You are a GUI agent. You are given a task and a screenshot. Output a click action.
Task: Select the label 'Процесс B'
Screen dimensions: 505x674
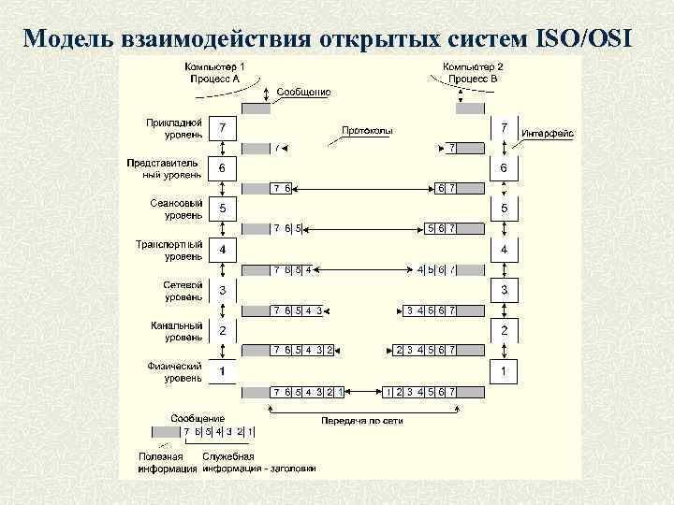475,79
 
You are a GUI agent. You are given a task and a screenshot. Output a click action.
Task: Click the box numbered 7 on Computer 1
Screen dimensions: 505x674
223,126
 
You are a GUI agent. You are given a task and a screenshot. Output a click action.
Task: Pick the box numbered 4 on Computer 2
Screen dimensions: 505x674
505,250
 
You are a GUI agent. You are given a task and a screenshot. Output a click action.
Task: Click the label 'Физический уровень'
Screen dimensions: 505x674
174,372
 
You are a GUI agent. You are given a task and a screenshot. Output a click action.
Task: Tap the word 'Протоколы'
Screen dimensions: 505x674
367,131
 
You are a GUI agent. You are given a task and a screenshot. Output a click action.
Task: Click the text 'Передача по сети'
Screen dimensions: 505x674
362,420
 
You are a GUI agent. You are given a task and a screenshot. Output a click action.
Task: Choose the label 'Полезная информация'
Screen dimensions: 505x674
162,462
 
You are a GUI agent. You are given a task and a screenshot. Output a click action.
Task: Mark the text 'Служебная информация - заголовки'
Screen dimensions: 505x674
258,462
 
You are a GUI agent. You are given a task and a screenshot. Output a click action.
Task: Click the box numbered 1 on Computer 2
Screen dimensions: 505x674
505,371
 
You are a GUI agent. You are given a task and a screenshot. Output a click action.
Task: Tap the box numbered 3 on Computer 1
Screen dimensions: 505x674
223,290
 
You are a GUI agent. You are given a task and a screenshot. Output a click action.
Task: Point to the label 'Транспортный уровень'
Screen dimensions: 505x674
169,250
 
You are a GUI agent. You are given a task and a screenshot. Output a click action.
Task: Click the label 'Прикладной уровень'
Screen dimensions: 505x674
173,128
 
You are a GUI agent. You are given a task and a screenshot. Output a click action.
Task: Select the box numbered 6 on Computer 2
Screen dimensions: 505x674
505,167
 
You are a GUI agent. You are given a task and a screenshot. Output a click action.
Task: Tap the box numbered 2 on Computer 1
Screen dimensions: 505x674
223,330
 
